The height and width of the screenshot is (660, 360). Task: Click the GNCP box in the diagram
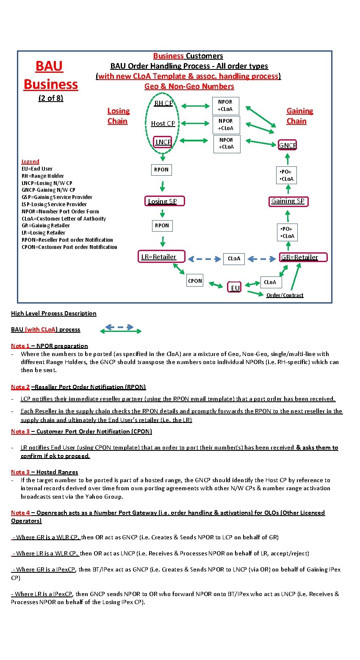(x=288, y=145)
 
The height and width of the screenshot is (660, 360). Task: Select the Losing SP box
(x=163, y=201)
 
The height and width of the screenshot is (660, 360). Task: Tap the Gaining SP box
(x=288, y=201)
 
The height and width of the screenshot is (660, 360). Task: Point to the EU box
(x=235, y=287)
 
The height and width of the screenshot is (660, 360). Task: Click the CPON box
(x=195, y=281)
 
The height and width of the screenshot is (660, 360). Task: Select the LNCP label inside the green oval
(x=163, y=142)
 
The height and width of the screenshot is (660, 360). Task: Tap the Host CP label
(x=163, y=123)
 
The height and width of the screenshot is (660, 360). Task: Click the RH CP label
(x=163, y=103)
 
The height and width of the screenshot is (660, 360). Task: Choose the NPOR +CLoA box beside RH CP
(x=225, y=105)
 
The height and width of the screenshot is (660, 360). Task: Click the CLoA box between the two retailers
(x=234, y=258)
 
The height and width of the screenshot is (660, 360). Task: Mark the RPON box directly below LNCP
(x=161, y=169)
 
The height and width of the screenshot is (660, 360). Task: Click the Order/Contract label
(x=285, y=295)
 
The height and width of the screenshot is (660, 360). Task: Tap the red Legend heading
(x=30, y=161)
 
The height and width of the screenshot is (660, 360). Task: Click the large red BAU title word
(x=49, y=66)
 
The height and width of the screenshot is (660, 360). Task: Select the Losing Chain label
(x=118, y=116)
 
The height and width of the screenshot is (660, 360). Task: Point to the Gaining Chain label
(x=299, y=116)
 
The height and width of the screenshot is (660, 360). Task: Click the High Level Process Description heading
(x=54, y=313)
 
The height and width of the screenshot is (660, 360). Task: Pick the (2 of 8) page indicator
(x=50, y=98)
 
